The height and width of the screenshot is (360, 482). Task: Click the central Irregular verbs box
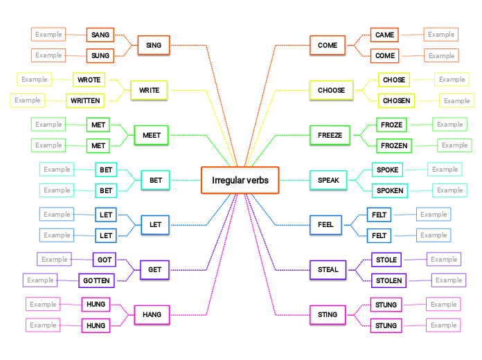tap(240, 181)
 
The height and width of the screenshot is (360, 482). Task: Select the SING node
tap(154, 46)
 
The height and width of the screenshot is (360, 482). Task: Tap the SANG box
tap(100, 35)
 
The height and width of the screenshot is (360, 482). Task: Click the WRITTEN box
tap(85, 100)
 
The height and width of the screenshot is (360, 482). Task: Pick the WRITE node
tap(149, 90)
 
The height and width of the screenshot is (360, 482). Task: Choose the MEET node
tap(151, 135)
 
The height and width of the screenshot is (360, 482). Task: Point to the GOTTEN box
tap(96, 280)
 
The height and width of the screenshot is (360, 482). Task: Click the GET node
tap(154, 269)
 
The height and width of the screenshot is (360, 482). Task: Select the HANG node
tap(152, 314)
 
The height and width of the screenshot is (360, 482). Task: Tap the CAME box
tap(384, 35)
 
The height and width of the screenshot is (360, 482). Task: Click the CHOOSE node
tap(331, 90)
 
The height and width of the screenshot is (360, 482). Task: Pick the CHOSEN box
tap(396, 100)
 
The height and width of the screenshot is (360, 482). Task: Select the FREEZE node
tap(330, 135)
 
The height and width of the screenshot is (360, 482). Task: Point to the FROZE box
tap(392, 125)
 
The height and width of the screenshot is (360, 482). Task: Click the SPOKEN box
tap(389, 190)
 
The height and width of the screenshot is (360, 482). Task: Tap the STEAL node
tap(328, 269)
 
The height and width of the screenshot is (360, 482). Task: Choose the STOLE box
tap(386, 260)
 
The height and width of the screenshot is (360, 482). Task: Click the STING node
tap(328, 314)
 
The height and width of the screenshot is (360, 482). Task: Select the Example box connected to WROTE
tap(35, 80)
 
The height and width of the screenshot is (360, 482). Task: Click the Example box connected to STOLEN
tap(449, 280)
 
